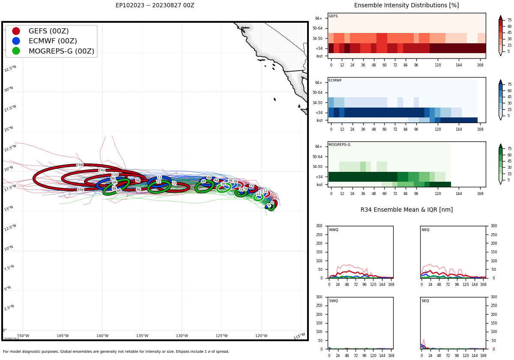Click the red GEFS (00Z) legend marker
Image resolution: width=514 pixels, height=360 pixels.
tap(16, 31)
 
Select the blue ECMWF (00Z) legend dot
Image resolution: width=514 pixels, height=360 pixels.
tap(16, 41)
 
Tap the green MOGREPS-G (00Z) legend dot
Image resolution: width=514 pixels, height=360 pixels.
tap(16, 51)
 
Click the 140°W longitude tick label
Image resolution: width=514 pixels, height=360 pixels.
tap(102, 336)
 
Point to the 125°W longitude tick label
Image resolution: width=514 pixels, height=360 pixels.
tap(221, 336)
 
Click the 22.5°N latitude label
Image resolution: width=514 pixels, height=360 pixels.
tap(10, 148)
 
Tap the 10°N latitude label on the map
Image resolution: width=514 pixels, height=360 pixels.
tap(9, 248)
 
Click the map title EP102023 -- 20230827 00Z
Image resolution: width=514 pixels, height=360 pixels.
tap(155, 6)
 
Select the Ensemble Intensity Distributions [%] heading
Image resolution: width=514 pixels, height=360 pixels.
tap(406, 6)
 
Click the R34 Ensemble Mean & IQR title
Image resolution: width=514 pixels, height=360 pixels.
tap(406, 210)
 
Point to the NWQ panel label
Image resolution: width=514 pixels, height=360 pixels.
tap(333, 230)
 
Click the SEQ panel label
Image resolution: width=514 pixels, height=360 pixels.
tap(425, 301)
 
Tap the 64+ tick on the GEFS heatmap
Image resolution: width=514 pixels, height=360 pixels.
tap(319, 18)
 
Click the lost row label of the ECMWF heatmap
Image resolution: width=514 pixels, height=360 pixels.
tap(320, 120)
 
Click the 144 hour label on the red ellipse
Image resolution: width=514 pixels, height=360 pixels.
tap(102, 170)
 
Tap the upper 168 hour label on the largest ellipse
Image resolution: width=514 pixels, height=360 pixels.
tap(80, 165)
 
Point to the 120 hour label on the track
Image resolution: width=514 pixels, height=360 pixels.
tap(115, 175)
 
